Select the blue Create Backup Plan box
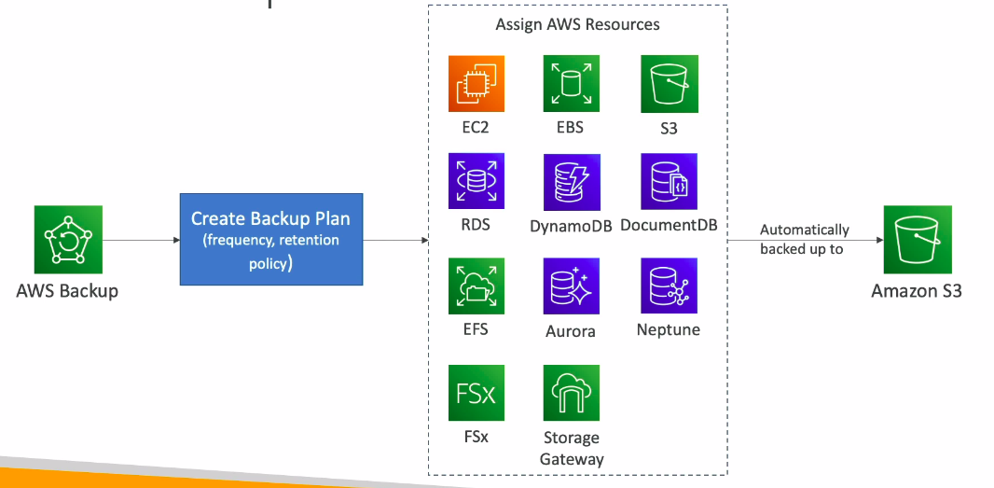point(270,240)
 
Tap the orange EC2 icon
point(476,84)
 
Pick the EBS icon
point(571,84)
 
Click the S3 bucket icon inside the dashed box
point(669,84)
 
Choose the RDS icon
point(476,181)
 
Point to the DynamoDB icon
point(571,181)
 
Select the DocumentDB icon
point(669,181)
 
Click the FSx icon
point(476,392)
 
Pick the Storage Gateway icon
point(571,392)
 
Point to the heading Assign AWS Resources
point(577,25)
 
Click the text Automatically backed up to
point(804,239)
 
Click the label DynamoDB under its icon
point(571,225)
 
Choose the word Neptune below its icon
point(669,329)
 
